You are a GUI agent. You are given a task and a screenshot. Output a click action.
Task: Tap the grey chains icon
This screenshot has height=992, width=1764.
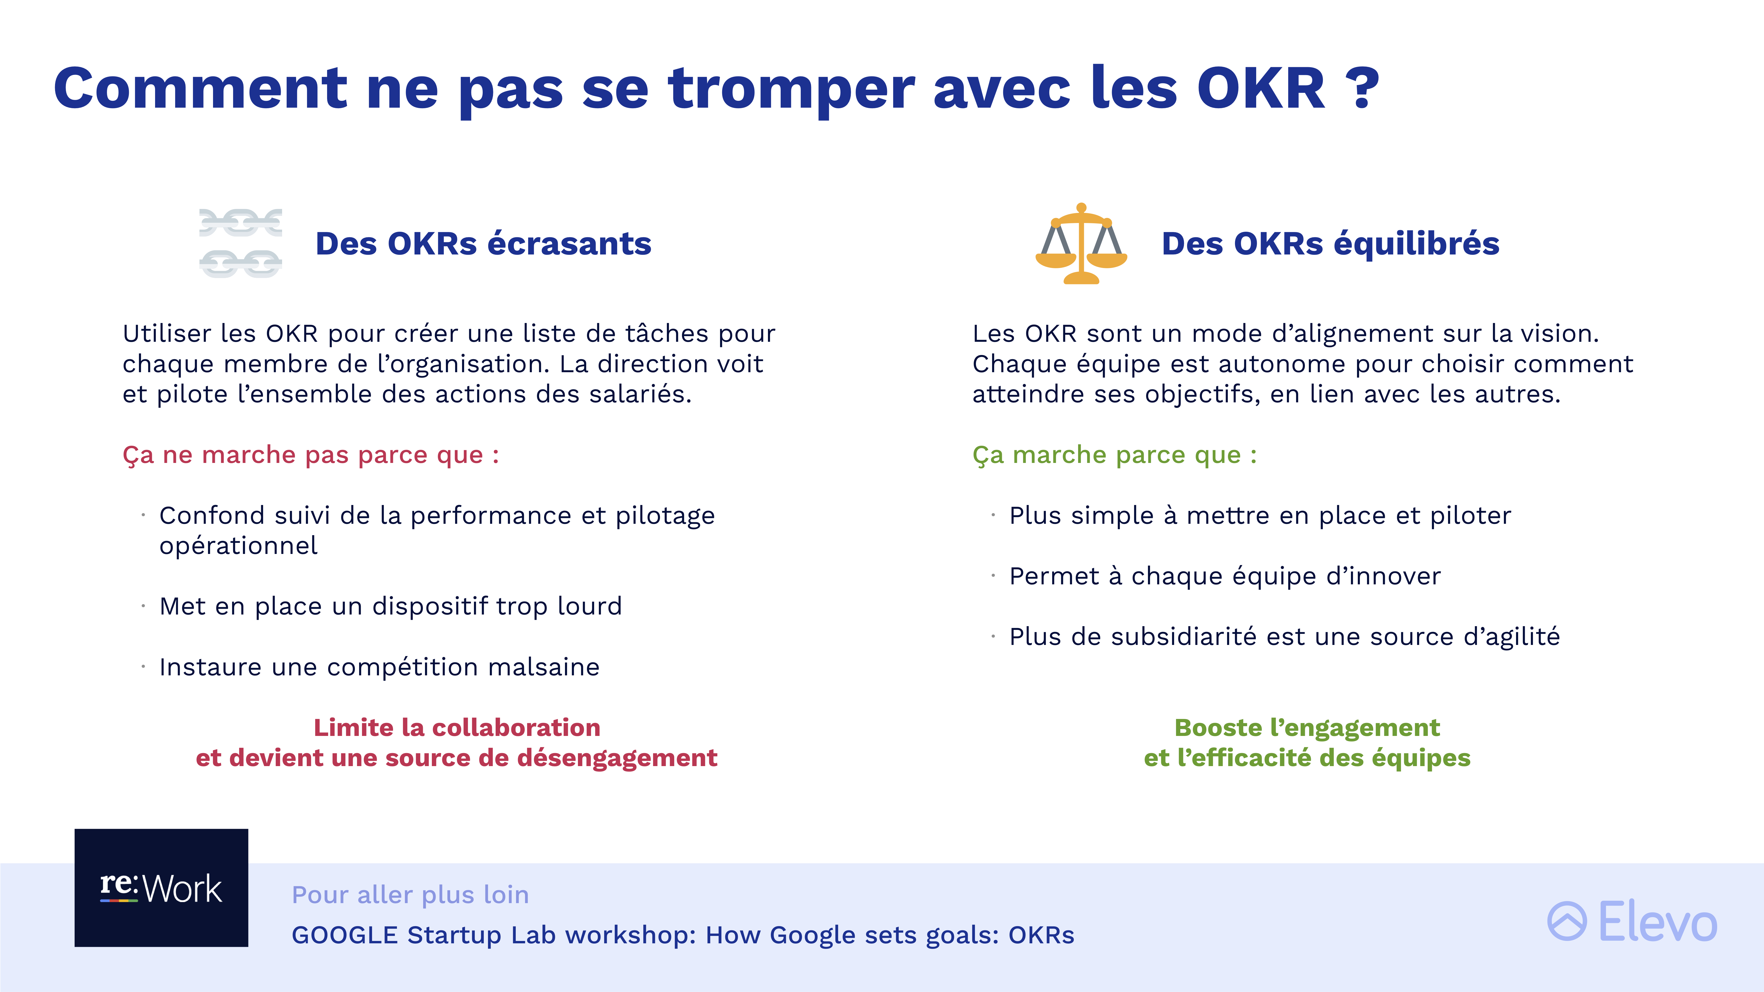pos(240,243)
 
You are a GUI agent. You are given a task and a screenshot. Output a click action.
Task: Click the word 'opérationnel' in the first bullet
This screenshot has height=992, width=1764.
pos(238,546)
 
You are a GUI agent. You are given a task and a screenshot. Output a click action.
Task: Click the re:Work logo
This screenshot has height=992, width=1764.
pos(162,888)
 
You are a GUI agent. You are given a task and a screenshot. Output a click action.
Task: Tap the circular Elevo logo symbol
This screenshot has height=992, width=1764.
pos(1567,921)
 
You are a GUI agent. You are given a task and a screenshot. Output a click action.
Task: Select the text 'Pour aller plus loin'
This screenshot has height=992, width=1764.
pos(410,895)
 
